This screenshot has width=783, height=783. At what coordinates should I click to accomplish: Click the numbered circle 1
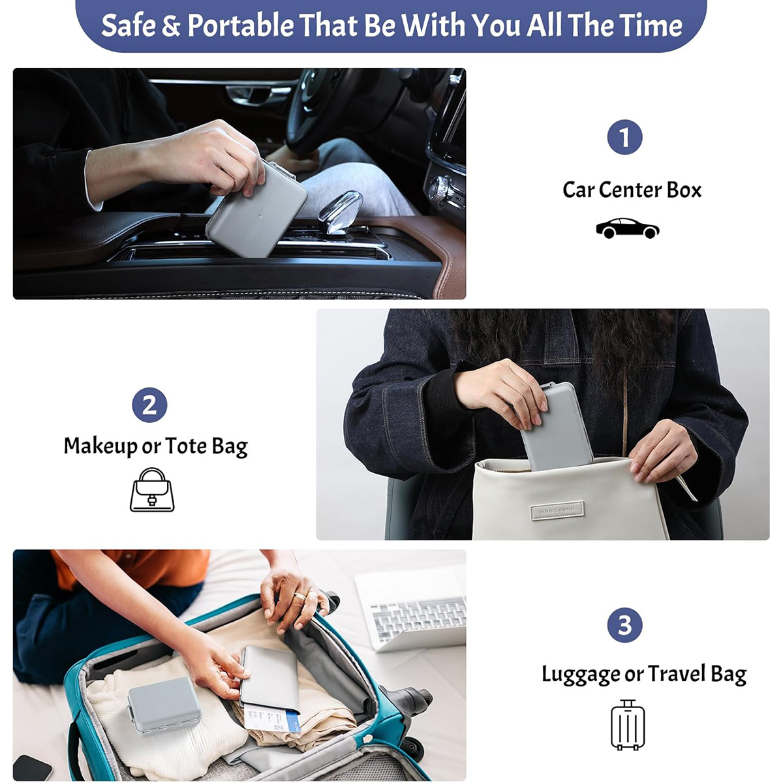click(x=624, y=137)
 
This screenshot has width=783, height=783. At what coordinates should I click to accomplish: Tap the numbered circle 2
click(x=149, y=405)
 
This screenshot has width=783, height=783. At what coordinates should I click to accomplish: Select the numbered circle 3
click(x=624, y=625)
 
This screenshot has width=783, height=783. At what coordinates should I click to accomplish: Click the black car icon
click(x=627, y=228)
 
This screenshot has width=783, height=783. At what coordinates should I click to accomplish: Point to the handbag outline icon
click(x=152, y=489)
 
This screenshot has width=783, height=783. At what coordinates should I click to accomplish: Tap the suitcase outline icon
click(x=628, y=724)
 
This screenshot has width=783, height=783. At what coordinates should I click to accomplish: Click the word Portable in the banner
click(x=241, y=25)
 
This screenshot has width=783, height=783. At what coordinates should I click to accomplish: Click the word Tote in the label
click(x=186, y=446)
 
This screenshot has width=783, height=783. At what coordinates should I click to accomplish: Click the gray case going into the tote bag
click(x=556, y=426)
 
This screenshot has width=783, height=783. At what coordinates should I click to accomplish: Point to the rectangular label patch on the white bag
click(x=557, y=511)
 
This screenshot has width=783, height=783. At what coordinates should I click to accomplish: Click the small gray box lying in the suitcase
click(x=164, y=705)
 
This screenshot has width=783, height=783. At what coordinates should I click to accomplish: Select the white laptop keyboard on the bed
click(x=418, y=618)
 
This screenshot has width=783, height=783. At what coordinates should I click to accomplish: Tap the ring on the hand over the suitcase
click(x=300, y=596)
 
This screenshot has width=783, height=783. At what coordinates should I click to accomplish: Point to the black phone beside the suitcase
click(x=32, y=768)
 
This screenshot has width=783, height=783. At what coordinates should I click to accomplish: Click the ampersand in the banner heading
click(x=171, y=25)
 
